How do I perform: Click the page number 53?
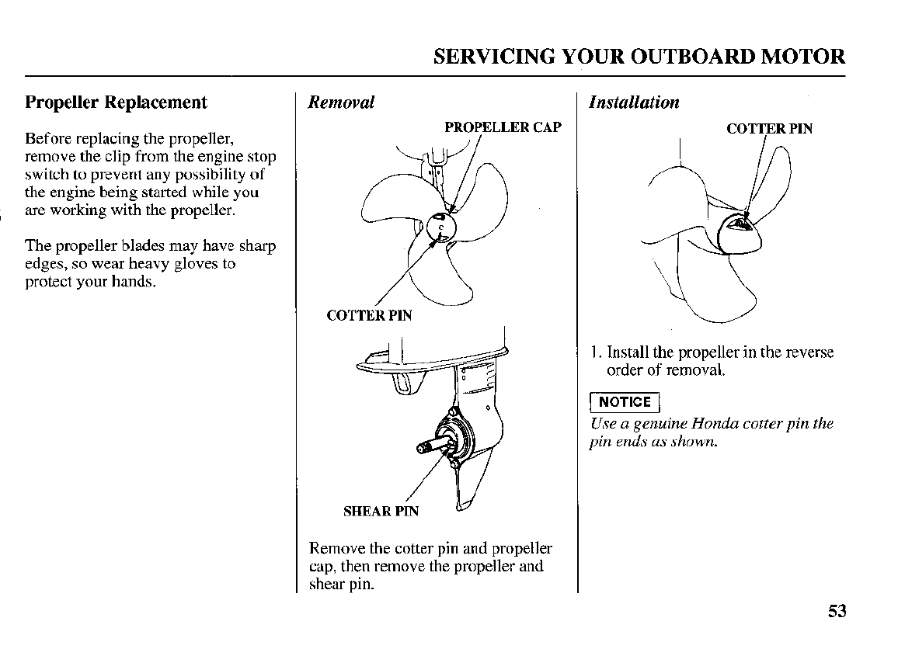(x=836, y=611)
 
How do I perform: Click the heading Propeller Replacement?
(x=117, y=102)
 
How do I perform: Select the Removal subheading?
(x=341, y=102)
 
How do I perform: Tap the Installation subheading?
(x=634, y=102)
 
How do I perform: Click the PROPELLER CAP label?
(x=503, y=127)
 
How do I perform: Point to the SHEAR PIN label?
(x=381, y=511)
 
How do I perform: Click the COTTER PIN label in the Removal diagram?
(x=369, y=315)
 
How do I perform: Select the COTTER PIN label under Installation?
(x=769, y=129)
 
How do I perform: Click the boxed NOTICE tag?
(x=625, y=401)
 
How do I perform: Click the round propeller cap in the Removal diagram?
(x=440, y=227)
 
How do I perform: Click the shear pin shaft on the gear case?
(x=430, y=446)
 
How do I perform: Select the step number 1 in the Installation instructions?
(x=593, y=352)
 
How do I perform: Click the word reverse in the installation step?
(x=807, y=352)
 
